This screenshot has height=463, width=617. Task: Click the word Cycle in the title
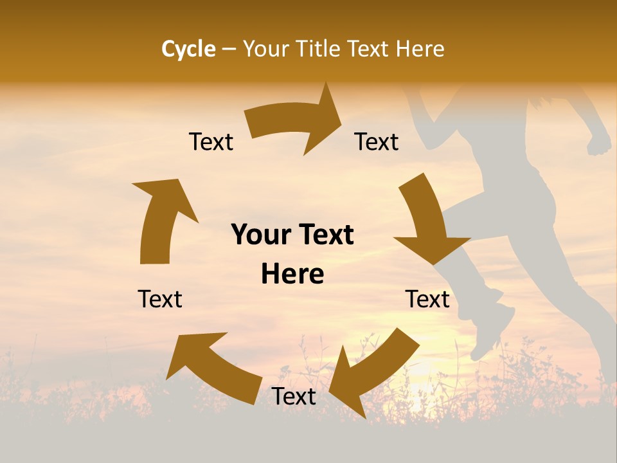click(x=188, y=49)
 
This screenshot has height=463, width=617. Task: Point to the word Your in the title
click(x=265, y=49)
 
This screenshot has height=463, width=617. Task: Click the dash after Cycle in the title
click(x=229, y=50)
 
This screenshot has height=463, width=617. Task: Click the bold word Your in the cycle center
click(x=260, y=235)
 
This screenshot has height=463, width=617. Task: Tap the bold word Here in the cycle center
click(x=292, y=275)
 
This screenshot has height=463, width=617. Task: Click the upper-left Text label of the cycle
click(x=211, y=141)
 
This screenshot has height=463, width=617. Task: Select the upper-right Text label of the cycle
click(x=377, y=141)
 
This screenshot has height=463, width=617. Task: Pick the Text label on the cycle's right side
click(x=427, y=299)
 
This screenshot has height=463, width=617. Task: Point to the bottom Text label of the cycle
click(x=294, y=397)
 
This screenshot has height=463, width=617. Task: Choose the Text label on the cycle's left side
click(x=160, y=299)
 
